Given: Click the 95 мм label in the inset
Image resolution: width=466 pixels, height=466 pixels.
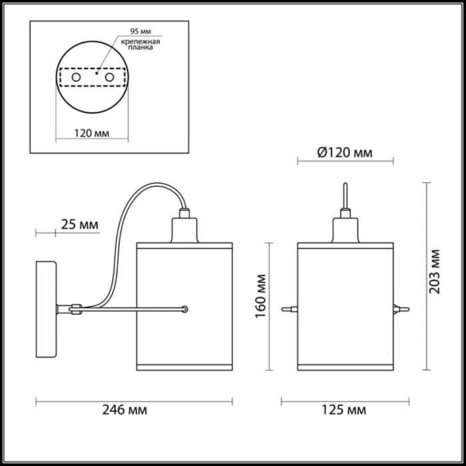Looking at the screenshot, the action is click(x=140, y=31).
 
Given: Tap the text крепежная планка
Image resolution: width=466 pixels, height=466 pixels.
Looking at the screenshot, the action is click(x=140, y=45).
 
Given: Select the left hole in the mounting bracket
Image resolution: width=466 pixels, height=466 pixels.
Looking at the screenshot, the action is click(x=76, y=77).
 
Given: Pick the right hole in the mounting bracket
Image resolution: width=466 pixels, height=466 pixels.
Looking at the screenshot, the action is click(x=109, y=77).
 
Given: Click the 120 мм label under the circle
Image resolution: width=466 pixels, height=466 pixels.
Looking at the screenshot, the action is click(x=92, y=133).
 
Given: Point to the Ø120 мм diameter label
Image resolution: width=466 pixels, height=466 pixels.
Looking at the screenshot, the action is click(x=345, y=152).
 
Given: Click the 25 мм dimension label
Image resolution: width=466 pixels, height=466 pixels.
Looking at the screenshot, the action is click(x=79, y=225).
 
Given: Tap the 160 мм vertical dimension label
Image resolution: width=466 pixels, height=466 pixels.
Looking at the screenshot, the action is click(x=261, y=296).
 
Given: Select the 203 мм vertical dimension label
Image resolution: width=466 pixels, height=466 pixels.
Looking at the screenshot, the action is click(x=434, y=272).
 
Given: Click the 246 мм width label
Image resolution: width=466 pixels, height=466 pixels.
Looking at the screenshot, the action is click(x=124, y=410).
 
